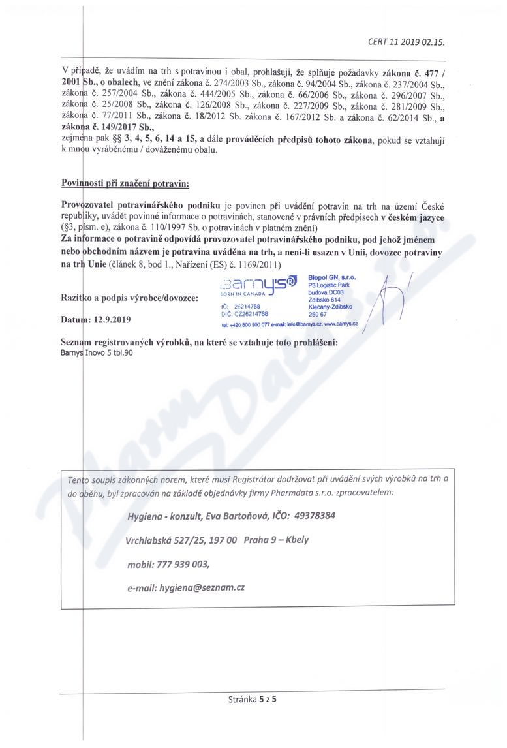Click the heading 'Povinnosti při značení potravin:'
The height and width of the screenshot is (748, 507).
tap(124, 185)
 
